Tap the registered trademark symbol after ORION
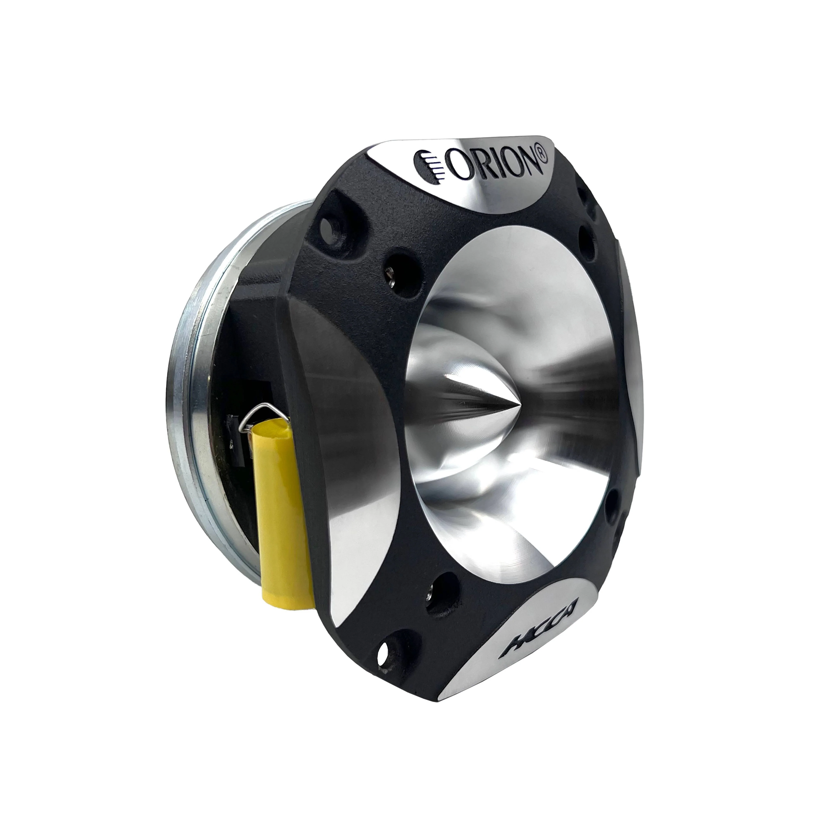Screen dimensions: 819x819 coord(543,155)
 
